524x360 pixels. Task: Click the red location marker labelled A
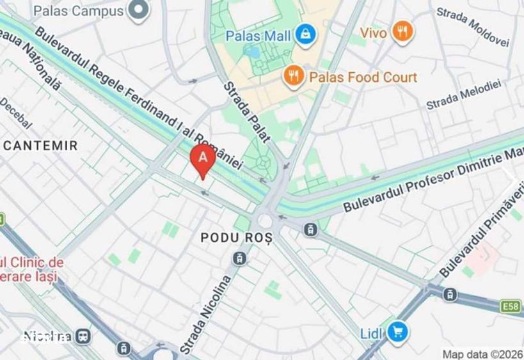pos(203,158)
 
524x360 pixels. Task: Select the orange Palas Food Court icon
pos(293,77)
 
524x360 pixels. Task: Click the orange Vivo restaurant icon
pos(402,31)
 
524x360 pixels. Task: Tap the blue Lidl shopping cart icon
pos(398,331)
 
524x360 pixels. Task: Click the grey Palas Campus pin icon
pos(138,10)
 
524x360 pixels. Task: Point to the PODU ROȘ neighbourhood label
pos(236,237)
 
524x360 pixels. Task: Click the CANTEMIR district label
pos(41,146)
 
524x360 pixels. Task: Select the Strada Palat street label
pos(248,113)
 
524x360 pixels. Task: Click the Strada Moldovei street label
pos(472,27)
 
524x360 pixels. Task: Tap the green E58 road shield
pos(510,307)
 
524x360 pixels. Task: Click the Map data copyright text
pos(482,354)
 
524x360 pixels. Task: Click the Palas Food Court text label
pos(363,77)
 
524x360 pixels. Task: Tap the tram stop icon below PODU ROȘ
pos(239,258)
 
